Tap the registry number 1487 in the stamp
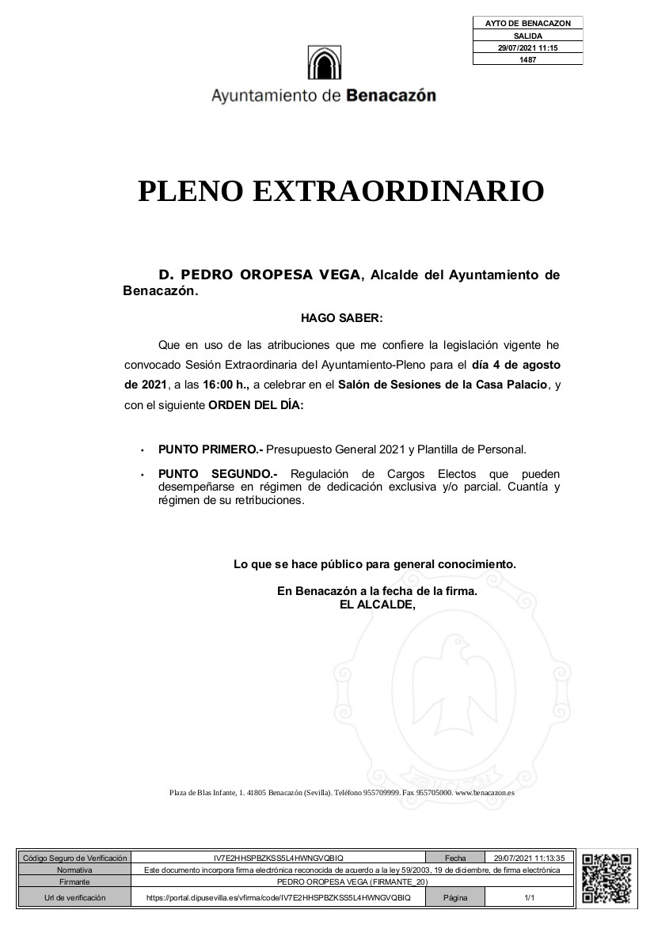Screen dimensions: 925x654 (527, 59)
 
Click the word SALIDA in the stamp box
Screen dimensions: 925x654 (527, 36)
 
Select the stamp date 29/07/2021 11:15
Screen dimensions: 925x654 (527, 48)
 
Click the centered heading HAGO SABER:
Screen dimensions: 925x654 (341, 318)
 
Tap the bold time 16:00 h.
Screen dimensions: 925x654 (226, 385)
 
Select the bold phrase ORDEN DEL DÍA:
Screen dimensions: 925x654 (255, 405)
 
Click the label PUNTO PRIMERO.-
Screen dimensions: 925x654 (210, 449)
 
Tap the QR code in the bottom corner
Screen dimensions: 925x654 (606, 878)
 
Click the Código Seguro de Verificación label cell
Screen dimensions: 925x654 (74, 858)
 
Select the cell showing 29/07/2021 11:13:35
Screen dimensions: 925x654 (529, 858)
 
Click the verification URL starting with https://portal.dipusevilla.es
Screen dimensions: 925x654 (279, 898)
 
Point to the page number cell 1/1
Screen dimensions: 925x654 (529, 898)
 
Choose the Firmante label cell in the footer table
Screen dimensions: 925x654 (74, 881)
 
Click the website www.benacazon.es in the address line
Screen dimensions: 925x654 (485, 792)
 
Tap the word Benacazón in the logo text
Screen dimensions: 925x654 (391, 97)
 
